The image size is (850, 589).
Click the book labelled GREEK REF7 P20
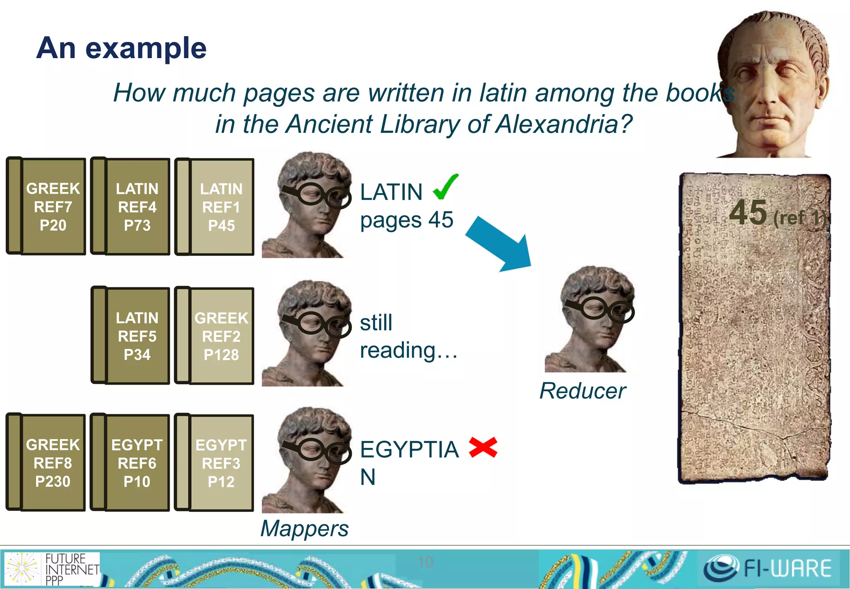[x=46, y=206]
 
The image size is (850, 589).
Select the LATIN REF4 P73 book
[x=131, y=206]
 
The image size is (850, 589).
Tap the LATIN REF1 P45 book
[x=215, y=207]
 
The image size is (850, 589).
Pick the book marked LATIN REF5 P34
[x=131, y=336]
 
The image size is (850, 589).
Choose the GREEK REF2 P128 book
[x=215, y=336]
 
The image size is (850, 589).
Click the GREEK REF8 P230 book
[x=46, y=462]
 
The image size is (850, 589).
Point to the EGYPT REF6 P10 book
[x=131, y=462]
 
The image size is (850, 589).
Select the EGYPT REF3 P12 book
[x=215, y=463]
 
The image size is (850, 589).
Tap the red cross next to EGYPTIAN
[x=483, y=447]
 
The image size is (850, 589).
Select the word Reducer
[x=582, y=391]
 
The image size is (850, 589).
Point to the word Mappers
[x=305, y=528]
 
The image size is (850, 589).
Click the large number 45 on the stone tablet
[x=748, y=213]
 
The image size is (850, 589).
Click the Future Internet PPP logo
[x=52, y=569]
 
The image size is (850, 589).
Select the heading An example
[x=121, y=48]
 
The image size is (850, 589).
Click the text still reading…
[x=408, y=336]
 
